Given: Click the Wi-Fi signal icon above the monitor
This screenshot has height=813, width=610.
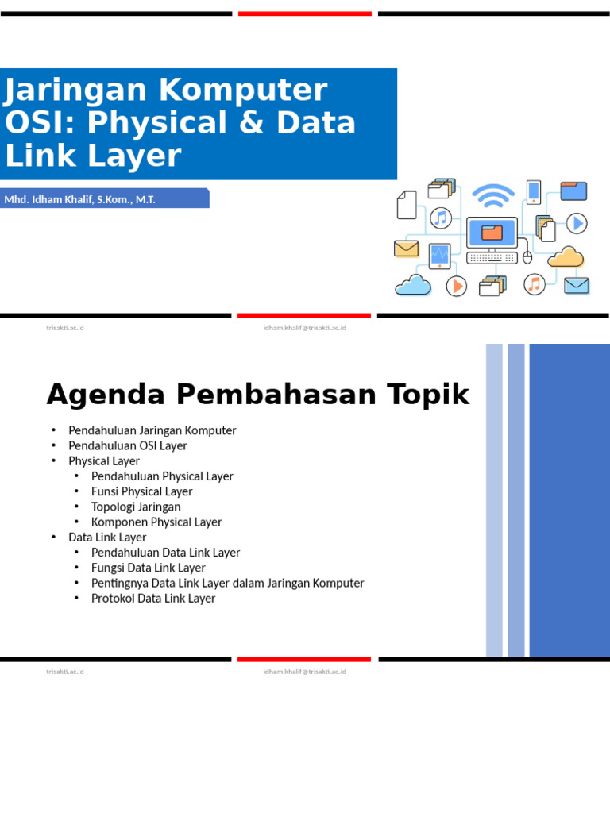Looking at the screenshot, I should pos(492,195).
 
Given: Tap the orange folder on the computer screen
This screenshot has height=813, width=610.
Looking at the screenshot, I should pos(492,233).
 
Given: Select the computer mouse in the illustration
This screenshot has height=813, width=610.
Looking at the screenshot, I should pos(527,257).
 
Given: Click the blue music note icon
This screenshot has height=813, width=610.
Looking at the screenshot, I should pos(441,218).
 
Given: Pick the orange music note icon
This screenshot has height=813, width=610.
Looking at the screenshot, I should pos(534,283).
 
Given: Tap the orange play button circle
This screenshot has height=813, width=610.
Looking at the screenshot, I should pos(456,286).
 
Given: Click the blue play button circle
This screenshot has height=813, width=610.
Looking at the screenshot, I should pos(577,224).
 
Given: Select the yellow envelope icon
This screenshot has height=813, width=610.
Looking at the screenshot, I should pos(406,249).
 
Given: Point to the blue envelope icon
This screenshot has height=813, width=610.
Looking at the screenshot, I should pos(576,285).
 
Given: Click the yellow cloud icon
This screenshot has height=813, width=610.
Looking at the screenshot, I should pos(566,257).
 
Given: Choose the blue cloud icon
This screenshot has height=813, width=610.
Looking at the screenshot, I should pos(413,284).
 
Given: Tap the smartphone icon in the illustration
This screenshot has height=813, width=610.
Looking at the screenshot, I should pos(533,192).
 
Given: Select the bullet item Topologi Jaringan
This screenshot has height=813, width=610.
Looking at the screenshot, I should pos(136,507).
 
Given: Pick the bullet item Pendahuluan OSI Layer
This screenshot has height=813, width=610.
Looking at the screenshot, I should pos(127,445).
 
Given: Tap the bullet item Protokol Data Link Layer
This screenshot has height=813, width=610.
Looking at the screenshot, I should pos(153,598).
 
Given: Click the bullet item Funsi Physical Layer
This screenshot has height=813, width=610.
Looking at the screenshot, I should pos(141,491).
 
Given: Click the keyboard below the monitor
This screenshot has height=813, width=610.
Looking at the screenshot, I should pos(492,258).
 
